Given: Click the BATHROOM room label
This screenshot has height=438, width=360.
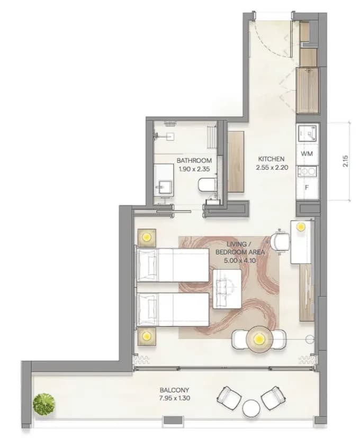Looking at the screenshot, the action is click(194, 161).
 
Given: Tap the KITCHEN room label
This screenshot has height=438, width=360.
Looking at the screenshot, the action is click(271, 159).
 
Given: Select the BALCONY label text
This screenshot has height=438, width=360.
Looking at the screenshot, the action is click(174, 390).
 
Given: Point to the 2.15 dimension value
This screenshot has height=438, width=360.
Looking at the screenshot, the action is click(346, 161).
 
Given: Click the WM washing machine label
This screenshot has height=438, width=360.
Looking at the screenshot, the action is click(307, 153).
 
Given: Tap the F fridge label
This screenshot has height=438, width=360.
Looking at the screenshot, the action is click(307, 188).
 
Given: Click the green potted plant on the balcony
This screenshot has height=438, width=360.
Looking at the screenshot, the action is click(44, 404).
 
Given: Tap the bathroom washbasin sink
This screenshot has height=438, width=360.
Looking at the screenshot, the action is click(164, 187).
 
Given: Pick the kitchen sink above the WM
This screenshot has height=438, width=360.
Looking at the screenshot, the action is click(307, 133).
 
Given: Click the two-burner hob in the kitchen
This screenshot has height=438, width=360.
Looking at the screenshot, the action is click(307, 171).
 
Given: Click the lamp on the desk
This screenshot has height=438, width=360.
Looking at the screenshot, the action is click(301, 226).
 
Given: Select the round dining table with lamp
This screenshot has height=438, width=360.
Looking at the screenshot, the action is click(259, 340).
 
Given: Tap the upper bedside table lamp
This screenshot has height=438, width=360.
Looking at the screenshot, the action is click(147, 238).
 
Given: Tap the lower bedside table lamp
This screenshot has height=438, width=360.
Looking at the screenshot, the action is click(147, 336).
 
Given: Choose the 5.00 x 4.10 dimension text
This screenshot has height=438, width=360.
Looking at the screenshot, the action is click(240, 261).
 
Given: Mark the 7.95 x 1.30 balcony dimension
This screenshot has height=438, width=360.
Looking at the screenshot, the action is click(175, 398).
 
